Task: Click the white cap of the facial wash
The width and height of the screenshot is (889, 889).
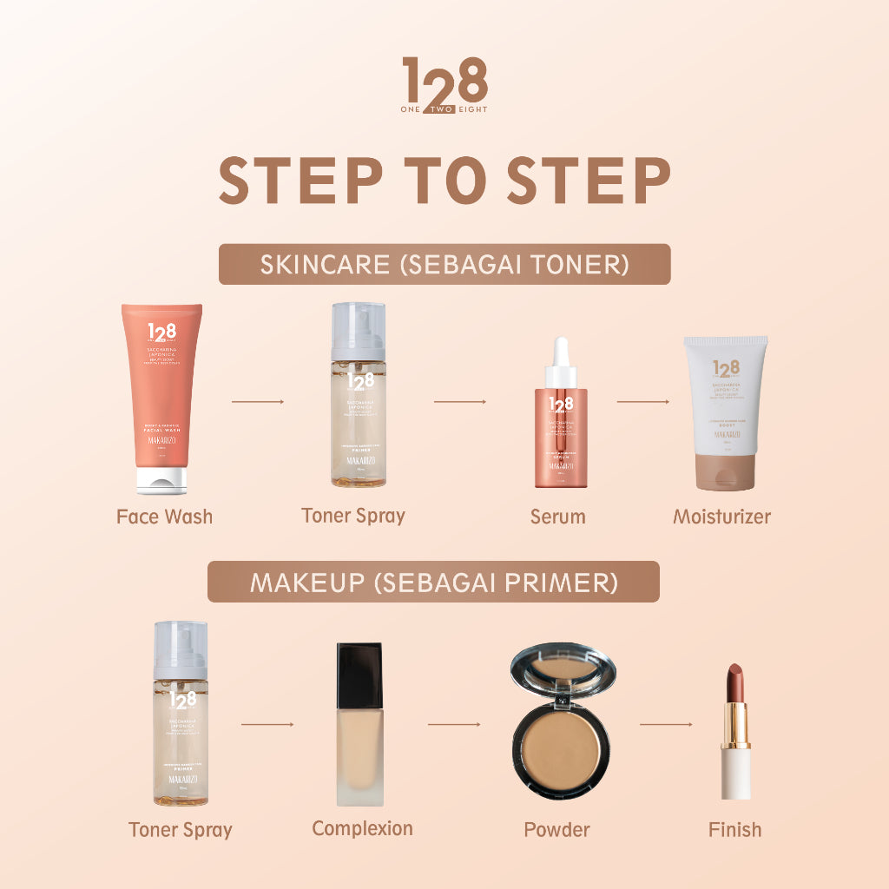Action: (161, 480)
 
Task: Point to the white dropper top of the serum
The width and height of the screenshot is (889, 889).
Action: (561, 357)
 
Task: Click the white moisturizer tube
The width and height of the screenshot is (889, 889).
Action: (725, 408)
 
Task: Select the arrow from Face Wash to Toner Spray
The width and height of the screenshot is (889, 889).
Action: (258, 402)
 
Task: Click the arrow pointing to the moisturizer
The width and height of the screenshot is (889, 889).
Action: (643, 402)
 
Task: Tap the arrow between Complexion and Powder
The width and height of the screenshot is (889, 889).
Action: (454, 723)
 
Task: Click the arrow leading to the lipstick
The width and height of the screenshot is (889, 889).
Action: (667, 723)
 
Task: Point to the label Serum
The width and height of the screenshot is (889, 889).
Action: (558, 517)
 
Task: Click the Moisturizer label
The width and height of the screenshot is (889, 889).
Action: (721, 517)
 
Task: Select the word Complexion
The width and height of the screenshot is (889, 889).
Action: (362, 829)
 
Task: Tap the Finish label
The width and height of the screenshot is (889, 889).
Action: (734, 830)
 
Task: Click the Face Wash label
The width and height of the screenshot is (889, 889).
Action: (164, 517)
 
